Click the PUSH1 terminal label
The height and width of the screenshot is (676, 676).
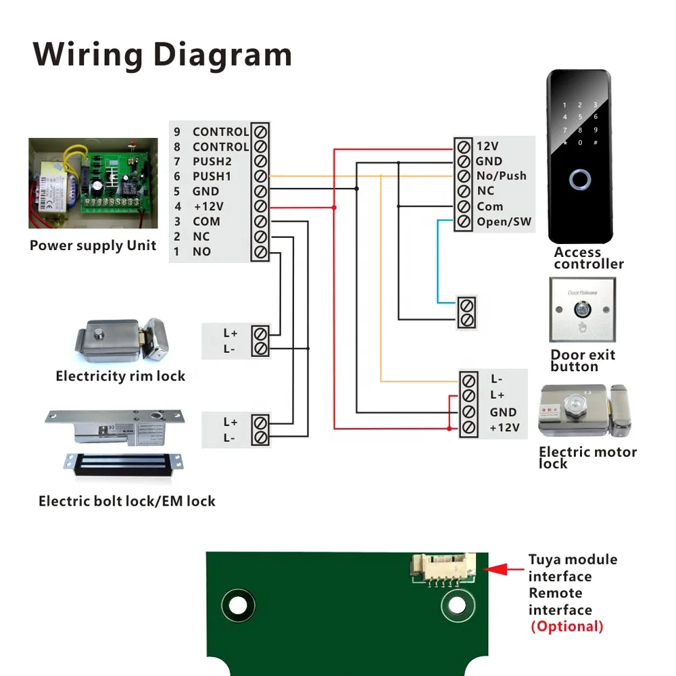point(212,176)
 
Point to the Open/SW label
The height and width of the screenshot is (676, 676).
point(504,222)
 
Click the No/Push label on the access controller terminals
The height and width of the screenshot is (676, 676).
point(501,176)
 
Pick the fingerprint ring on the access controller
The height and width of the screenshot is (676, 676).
point(579,180)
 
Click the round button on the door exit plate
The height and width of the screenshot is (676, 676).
point(580,310)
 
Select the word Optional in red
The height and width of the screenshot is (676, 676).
point(567,626)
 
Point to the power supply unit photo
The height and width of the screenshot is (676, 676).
point(93,183)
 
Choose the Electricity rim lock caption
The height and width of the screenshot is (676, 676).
point(120,376)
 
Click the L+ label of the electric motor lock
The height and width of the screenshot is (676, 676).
point(498,395)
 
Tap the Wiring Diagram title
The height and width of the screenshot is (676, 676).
point(162,54)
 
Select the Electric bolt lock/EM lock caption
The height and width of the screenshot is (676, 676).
point(127,501)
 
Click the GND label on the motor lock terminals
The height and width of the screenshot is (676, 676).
point(503,412)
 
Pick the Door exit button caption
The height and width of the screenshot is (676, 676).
point(583,360)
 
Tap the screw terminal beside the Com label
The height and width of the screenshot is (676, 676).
point(464,206)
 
